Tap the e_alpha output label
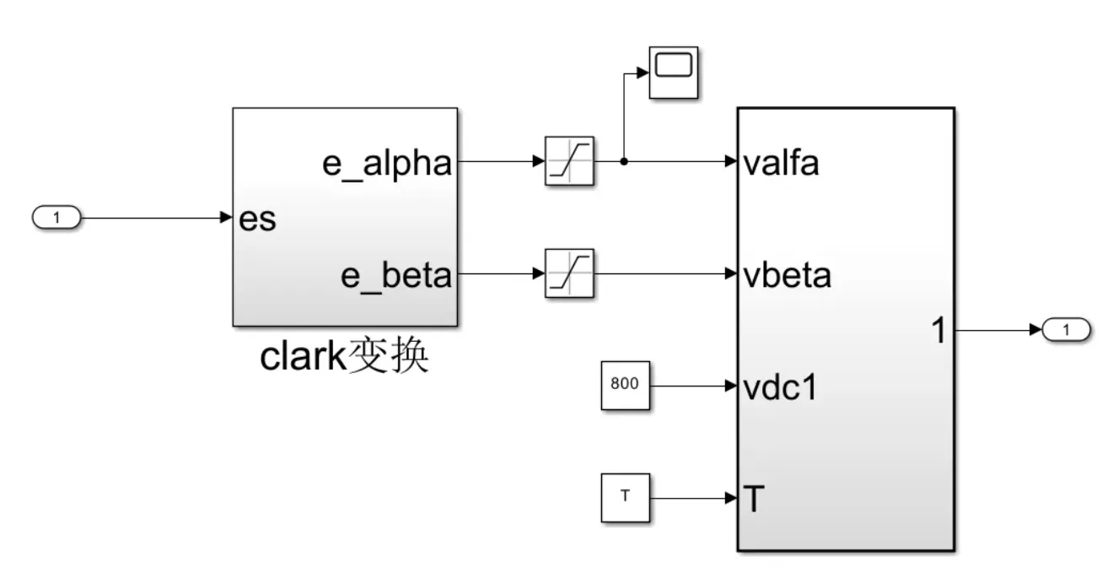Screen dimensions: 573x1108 pyautogui.click(x=387, y=163)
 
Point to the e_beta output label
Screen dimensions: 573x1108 pyautogui.click(x=396, y=275)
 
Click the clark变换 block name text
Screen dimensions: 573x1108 pyautogui.click(x=344, y=358)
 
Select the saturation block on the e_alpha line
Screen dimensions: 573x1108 pyautogui.click(x=570, y=161)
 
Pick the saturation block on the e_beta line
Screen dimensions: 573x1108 pyautogui.click(x=570, y=273)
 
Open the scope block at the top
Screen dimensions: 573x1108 pyautogui.click(x=673, y=73)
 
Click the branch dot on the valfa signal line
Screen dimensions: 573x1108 pyautogui.click(x=623, y=161)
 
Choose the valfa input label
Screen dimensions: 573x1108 pyautogui.click(x=782, y=163)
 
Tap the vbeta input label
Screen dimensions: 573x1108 pyautogui.click(x=788, y=275)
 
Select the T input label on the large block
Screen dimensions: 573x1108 pyautogui.click(x=755, y=500)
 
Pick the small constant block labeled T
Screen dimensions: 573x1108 pyautogui.click(x=625, y=498)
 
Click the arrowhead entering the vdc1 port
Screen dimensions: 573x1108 pyautogui.click(x=731, y=387)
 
